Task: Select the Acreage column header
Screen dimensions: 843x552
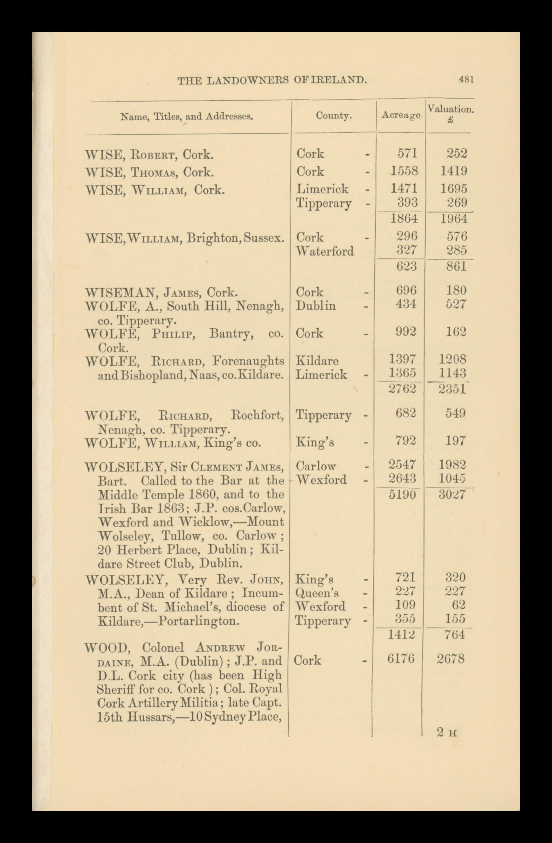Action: click(401, 116)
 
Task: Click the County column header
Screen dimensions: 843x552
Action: click(334, 116)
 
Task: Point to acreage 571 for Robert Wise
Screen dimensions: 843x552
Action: click(407, 153)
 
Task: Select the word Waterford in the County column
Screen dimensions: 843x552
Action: click(325, 251)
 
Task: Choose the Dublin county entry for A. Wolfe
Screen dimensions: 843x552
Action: click(316, 305)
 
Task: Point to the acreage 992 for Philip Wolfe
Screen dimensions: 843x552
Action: click(406, 332)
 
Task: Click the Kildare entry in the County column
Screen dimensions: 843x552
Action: click(317, 361)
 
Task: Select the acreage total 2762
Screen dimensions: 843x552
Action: click(403, 389)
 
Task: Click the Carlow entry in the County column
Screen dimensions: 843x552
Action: click(316, 465)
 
